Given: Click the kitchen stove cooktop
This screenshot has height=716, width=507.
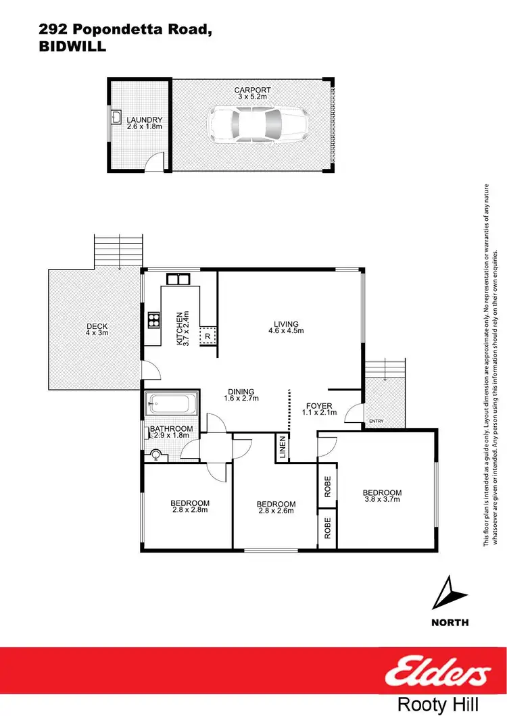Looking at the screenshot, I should [x=153, y=320].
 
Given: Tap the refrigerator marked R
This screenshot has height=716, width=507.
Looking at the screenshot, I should [x=206, y=335].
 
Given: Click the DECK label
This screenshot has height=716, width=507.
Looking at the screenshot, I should [x=97, y=326].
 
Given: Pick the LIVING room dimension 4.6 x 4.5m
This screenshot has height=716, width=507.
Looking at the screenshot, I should [x=286, y=331].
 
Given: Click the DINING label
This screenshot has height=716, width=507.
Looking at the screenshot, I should [x=241, y=391].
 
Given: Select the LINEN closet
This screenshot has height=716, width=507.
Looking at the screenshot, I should [x=282, y=446].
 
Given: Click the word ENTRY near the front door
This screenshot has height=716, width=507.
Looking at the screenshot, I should [x=375, y=423].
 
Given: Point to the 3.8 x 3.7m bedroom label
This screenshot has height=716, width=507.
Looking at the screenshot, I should [x=382, y=496].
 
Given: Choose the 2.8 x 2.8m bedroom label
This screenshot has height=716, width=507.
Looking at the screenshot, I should [x=189, y=507].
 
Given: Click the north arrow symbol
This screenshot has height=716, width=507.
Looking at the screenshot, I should [x=448, y=594].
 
